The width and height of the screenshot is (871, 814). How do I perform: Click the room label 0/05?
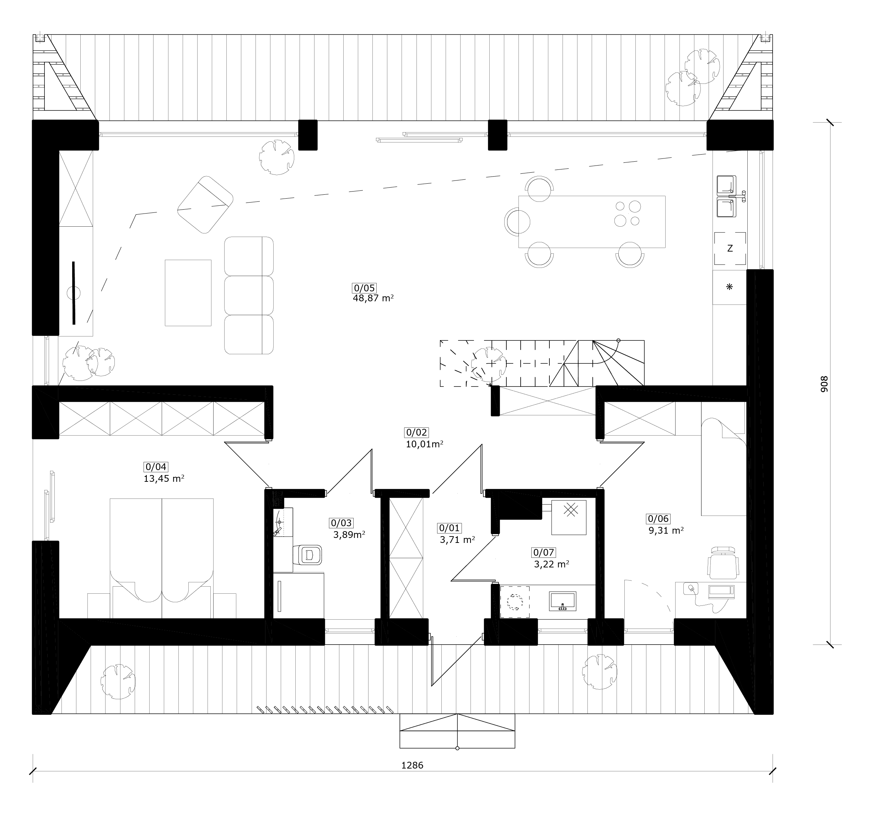click(x=365, y=288)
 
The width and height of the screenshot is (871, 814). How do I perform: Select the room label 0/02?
click(x=416, y=432)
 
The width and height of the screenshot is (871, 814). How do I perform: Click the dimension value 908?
click(x=824, y=384)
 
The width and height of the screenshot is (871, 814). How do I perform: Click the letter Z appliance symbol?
click(x=730, y=248)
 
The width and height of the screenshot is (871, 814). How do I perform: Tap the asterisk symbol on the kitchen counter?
click(x=730, y=287)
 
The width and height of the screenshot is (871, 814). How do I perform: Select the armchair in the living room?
click(x=205, y=205)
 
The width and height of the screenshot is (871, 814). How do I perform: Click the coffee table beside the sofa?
click(x=188, y=293)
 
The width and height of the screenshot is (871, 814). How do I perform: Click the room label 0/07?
click(x=543, y=552)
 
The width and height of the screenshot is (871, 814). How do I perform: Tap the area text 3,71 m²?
click(x=457, y=540)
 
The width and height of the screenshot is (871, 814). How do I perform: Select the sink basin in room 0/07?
click(x=563, y=601)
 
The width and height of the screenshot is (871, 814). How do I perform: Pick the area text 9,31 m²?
click(x=666, y=530)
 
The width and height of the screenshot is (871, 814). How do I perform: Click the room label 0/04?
click(x=156, y=467)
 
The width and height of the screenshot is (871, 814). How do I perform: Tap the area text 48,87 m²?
click(x=373, y=298)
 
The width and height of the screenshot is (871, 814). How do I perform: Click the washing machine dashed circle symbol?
click(x=515, y=602)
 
